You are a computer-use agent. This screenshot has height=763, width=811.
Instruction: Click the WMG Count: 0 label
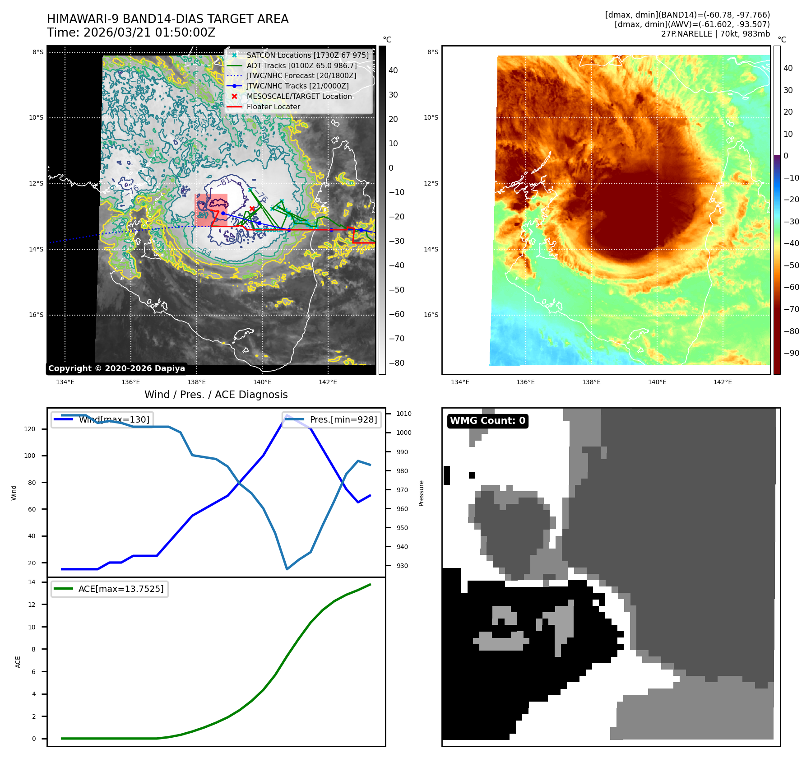[x=487, y=421]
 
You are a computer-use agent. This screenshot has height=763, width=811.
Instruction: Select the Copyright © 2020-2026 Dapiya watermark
[x=116, y=368]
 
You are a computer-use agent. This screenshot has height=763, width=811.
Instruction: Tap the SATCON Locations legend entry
[x=307, y=55]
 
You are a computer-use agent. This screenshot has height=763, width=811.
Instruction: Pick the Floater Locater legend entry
[x=273, y=107]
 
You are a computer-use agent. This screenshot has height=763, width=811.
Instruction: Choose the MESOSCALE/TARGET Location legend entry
[x=299, y=97]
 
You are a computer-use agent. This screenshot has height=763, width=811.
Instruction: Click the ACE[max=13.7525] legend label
[x=120, y=589]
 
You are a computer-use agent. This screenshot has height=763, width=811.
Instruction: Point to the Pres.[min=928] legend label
[x=343, y=419]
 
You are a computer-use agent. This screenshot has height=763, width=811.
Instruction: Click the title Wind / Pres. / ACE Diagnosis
[x=216, y=395]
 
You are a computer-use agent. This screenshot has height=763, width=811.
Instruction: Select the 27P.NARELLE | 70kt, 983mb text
[x=715, y=34]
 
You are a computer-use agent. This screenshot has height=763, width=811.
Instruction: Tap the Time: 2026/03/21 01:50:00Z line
[x=131, y=33]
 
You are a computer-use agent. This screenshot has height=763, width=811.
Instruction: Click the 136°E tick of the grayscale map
[x=131, y=382]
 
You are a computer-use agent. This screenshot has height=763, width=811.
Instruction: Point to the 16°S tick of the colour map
[x=431, y=315]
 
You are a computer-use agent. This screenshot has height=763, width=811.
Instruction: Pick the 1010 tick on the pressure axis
[x=404, y=414]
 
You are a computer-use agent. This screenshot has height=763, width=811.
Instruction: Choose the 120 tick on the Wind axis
[x=30, y=429]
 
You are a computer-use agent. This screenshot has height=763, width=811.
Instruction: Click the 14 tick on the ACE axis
[x=32, y=582]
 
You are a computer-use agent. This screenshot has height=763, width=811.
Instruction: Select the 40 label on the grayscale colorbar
[x=393, y=70]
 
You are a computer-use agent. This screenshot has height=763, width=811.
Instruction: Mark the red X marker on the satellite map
[x=252, y=209]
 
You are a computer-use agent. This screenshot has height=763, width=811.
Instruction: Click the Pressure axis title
[x=422, y=493]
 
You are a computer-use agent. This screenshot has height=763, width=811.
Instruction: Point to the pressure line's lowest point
[x=287, y=569]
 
